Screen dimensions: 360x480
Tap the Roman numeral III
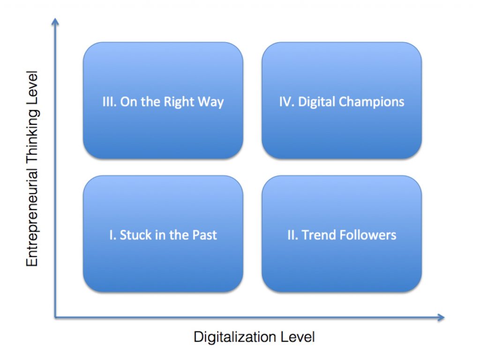108,102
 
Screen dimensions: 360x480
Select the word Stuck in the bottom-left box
134,235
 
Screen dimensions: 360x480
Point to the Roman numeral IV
286,102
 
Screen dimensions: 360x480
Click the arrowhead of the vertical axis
56,22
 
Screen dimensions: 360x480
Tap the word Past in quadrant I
205,235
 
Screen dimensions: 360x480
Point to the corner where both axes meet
56,318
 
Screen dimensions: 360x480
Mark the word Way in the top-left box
211,102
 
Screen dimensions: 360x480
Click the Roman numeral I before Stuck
112,235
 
